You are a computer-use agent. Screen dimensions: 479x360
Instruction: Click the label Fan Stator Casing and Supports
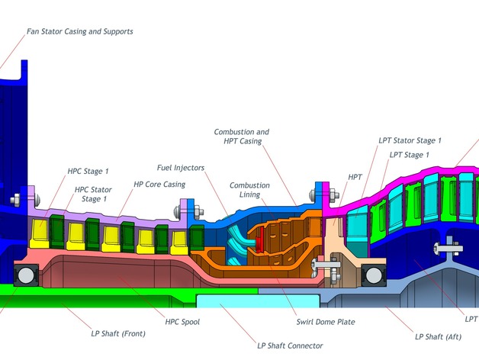tap(80, 31)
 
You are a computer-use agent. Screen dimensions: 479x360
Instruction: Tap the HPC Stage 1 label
tap(88, 171)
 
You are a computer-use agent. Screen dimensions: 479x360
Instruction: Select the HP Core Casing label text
tap(159, 185)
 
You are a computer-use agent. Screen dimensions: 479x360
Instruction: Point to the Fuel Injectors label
tap(181, 168)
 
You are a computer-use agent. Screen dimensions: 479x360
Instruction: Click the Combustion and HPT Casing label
tap(242, 137)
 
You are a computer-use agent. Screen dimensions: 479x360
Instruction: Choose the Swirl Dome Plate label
tap(326, 322)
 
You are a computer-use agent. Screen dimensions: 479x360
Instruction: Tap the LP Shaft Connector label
tap(290, 346)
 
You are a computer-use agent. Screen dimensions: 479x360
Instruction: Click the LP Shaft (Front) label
tap(118, 333)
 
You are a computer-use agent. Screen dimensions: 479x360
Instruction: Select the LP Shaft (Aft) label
tap(438, 337)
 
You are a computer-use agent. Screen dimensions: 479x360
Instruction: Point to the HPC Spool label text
tap(182, 322)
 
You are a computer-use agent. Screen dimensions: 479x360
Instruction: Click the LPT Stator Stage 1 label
tap(410, 140)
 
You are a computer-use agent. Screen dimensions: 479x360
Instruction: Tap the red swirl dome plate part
tap(259, 240)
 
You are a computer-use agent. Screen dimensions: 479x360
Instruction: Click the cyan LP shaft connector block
tap(258, 301)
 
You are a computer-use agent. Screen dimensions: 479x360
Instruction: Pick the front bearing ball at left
tap(26, 275)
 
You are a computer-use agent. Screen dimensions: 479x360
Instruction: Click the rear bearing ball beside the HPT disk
tap(374, 275)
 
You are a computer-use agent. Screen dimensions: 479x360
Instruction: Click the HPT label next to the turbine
tap(355, 177)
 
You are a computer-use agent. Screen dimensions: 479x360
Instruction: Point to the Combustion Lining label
tap(249, 190)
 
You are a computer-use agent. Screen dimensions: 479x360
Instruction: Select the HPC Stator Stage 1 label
tap(93, 194)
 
